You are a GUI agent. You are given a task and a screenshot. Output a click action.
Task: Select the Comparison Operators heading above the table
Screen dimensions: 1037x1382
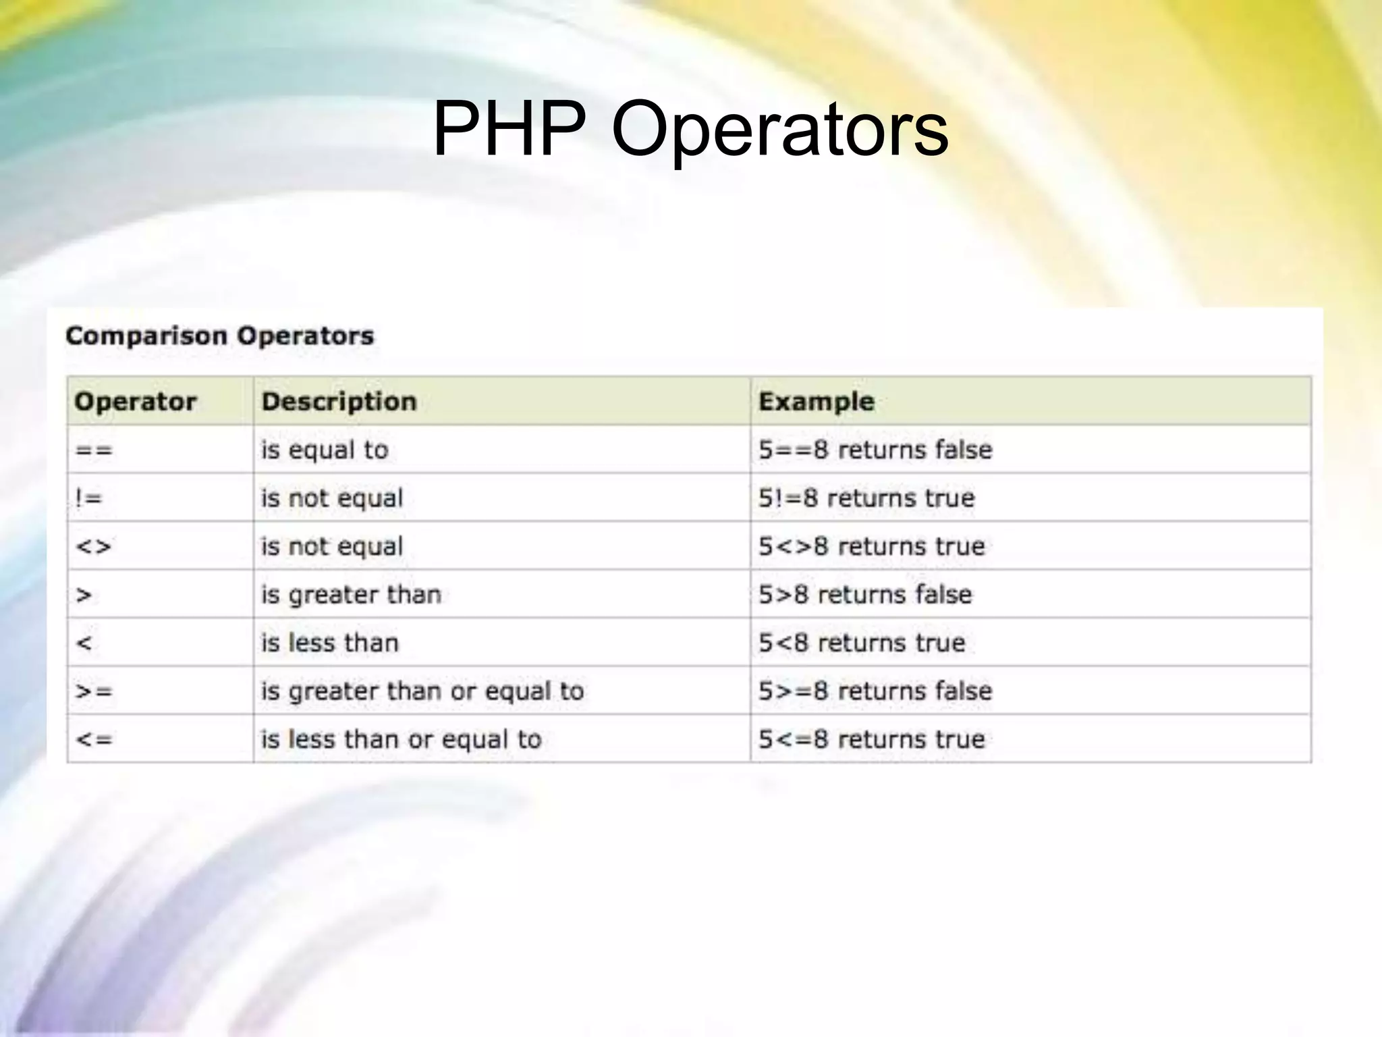click(x=219, y=336)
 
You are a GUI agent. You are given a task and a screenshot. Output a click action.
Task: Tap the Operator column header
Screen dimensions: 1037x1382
click(x=135, y=402)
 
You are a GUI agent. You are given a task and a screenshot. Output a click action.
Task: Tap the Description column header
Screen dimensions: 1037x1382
click(x=339, y=402)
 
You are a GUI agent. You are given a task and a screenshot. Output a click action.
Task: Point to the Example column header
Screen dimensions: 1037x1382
click(x=817, y=402)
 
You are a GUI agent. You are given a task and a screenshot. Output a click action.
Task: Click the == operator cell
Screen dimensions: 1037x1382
click(x=94, y=450)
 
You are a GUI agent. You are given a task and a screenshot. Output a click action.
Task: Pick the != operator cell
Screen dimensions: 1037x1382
click(x=88, y=498)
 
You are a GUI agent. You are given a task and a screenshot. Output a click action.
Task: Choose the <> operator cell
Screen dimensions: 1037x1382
click(x=93, y=546)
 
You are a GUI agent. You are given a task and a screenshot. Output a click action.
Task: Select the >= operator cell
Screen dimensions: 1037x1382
click(x=94, y=691)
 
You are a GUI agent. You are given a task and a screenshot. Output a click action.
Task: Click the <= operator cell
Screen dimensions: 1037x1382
click(x=94, y=739)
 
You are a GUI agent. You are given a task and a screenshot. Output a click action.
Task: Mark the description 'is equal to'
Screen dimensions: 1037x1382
click(x=325, y=450)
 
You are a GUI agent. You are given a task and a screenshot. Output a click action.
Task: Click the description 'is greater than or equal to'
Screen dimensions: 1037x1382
click(x=422, y=691)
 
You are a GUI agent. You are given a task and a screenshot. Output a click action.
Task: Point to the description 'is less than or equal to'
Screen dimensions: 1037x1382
click(x=402, y=739)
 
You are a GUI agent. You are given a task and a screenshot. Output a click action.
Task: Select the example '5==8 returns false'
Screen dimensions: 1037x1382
click(x=875, y=450)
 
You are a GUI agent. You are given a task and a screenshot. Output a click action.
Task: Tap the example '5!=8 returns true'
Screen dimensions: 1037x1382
click(x=866, y=498)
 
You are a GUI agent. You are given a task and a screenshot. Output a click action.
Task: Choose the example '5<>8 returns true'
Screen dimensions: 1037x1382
click(x=871, y=546)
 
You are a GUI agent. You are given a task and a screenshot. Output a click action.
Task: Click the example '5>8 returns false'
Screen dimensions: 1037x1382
click(x=865, y=595)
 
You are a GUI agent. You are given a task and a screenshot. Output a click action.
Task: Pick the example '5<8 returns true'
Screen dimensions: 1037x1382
click(x=862, y=643)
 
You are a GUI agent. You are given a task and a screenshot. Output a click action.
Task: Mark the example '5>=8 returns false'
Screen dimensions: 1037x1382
click(x=875, y=691)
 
